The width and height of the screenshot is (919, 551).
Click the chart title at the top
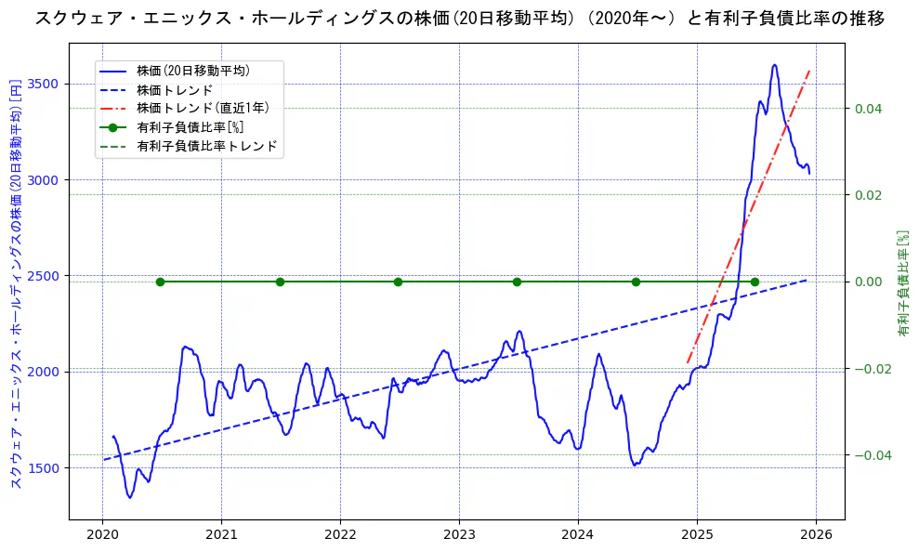[x=459, y=18]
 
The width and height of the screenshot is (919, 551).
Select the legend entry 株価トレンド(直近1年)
[x=199, y=108]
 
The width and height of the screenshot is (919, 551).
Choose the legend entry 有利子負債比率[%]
[x=190, y=127]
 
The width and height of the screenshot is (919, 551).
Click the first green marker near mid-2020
[x=160, y=282]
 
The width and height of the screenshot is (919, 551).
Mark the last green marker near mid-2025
[x=755, y=282]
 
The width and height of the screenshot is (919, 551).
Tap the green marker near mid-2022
[x=398, y=282]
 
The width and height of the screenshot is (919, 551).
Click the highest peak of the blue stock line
[x=774, y=65]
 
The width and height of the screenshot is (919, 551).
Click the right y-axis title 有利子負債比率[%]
[x=902, y=282]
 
